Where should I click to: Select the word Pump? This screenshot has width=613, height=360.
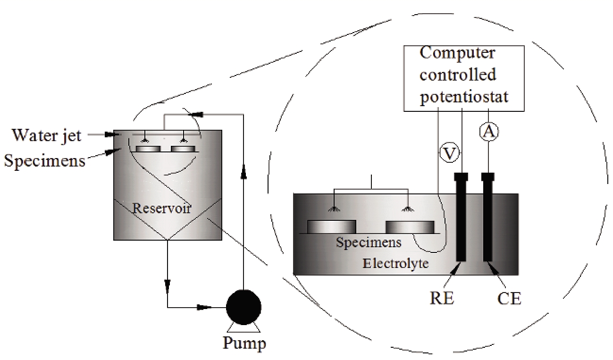pos(244,343)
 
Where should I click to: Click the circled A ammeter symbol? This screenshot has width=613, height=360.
pos(488,133)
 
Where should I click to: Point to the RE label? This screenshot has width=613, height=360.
pos(442,299)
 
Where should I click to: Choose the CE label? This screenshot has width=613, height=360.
pos(509,299)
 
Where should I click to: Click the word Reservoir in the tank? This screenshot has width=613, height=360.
pos(162,209)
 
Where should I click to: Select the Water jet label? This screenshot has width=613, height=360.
pos(47,136)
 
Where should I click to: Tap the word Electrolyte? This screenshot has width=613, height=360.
pos(395,263)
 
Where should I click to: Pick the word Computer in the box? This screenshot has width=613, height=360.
pos(457,52)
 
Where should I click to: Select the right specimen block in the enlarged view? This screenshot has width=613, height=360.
pos(410,227)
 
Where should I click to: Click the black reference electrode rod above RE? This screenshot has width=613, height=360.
pos(461,217)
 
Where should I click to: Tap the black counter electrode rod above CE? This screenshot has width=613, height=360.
pos(488,217)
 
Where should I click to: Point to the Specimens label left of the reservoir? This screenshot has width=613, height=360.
pos(45,160)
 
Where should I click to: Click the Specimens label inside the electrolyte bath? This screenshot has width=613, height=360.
pos(369,243)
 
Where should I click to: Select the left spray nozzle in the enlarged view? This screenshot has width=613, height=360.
pos(335,209)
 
